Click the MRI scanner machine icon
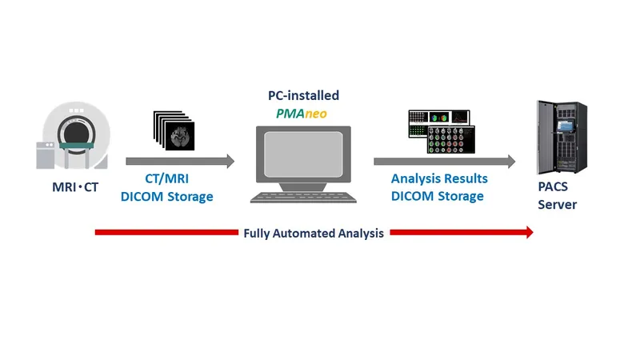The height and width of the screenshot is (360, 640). coord(77,136)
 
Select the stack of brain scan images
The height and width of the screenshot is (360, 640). coord(174,130)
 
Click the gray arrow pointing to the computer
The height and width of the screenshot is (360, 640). coord(180,162)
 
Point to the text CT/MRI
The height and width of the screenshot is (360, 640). coord(166,181)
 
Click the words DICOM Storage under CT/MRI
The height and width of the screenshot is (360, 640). coord(166,197)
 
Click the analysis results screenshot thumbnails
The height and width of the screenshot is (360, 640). coord(441,131)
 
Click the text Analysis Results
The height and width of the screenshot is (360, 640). coord(439,180)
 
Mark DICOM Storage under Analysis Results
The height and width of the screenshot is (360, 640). coord(438,196)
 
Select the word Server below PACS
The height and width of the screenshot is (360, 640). coord(557,205)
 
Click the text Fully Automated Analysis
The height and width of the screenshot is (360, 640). coord(314,234)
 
